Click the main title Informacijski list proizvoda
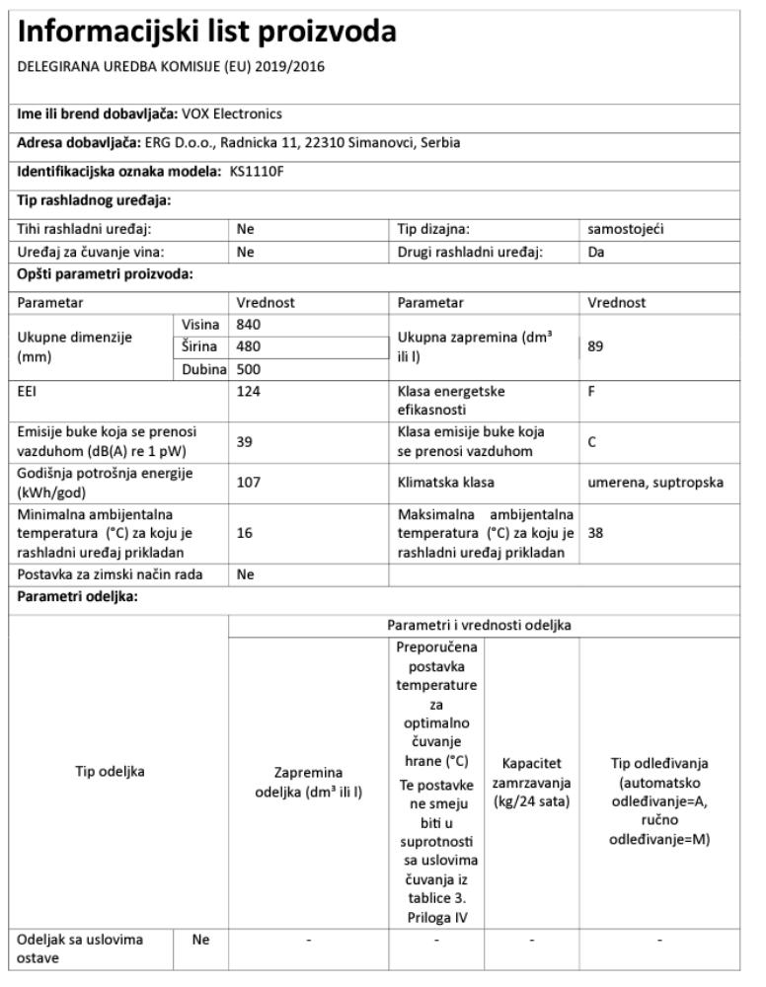pyautogui.click(x=207, y=33)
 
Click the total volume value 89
pyautogui.click(x=596, y=347)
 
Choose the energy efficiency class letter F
pyautogui.click(x=591, y=391)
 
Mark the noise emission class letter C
pyautogui.click(x=592, y=442)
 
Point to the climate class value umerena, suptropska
pyautogui.click(x=654, y=484)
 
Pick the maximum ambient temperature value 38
pyautogui.click(x=595, y=532)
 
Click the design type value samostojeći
pyautogui.click(x=626, y=230)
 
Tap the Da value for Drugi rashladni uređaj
pyautogui.click(x=596, y=252)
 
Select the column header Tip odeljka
pyautogui.click(x=110, y=772)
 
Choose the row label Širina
pyautogui.click(x=202, y=346)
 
